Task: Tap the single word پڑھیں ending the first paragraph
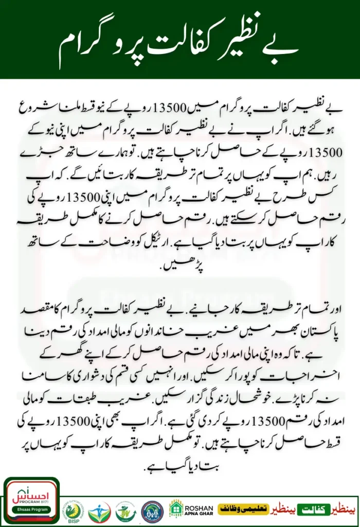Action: pyautogui.click(x=179, y=268)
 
